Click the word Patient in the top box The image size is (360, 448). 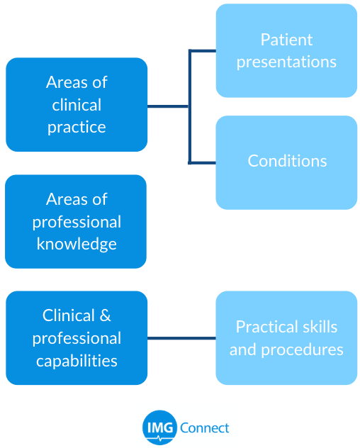[x=286, y=40]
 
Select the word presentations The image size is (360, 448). [x=286, y=62]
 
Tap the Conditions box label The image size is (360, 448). [x=287, y=161]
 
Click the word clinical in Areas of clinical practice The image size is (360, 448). [x=77, y=105]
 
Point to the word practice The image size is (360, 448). [x=77, y=128]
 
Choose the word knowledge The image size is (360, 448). [x=77, y=245]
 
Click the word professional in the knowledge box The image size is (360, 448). [x=77, y=222]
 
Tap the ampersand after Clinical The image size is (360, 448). [x=105, y=315]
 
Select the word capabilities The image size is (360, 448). [x=77, y=361]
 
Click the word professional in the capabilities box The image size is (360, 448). [x=77, y=339]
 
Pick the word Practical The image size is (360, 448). [x=267, y=327]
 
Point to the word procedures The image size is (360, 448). [x=303, y=350]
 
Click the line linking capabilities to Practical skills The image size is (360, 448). [x=181, y=338]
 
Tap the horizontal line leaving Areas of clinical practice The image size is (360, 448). [x=168, y=106]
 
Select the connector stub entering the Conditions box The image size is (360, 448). [x=202, y=163]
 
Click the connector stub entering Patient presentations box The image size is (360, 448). [x=202, y=51]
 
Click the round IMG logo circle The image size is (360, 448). [x=159, y=427]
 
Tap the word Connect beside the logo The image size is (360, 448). [x=205, y=428]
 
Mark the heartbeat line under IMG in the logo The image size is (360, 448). [x=159, y=438]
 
